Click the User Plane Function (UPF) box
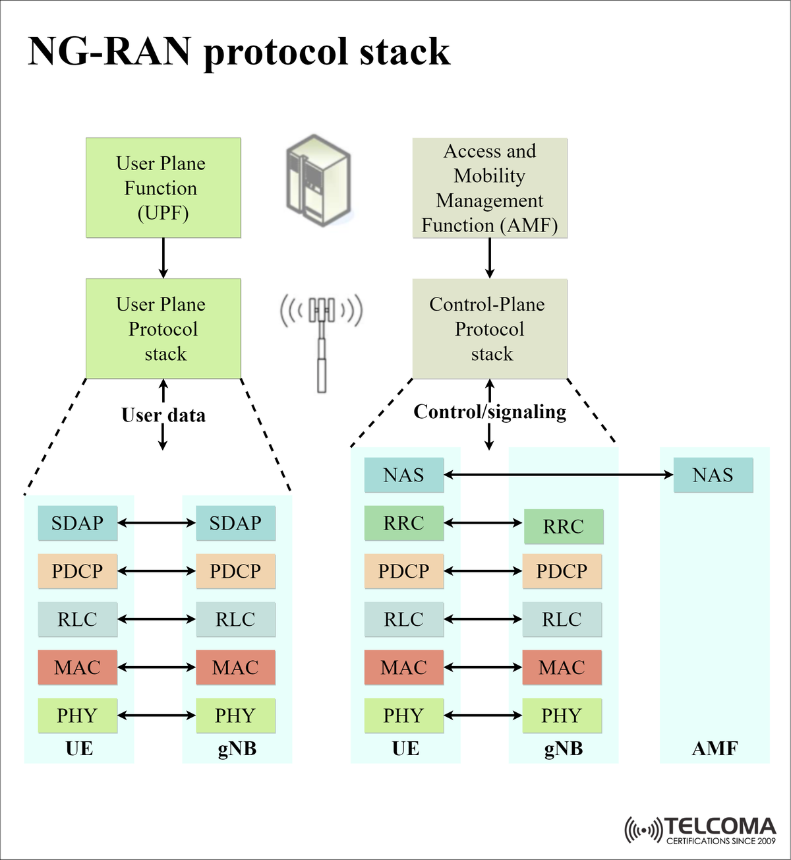(x=163, y=188)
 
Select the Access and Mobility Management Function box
(x=490, y=188)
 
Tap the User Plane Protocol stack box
(x=163, y=328)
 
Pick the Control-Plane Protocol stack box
(x=490, y=328)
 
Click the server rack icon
(x=318, y=180)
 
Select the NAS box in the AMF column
(x=713, y=475)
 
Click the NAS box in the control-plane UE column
(x=403, y=475)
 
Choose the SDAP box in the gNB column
(x=235, y=523)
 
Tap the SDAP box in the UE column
(x=77, y=523)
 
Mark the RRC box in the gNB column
(x=564, y=526)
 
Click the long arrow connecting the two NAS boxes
(x=558, y=474)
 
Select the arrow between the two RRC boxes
(x=483, y=523)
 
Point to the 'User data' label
(x=163, y=415)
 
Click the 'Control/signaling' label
(x=490, y=412)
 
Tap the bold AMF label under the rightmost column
(x=715, y=749)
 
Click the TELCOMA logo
(x=701, y=830)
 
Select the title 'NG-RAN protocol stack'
(x=239, y=51)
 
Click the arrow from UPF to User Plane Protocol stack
(x=163, y=258)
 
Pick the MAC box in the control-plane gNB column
(x=562, y=667)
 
